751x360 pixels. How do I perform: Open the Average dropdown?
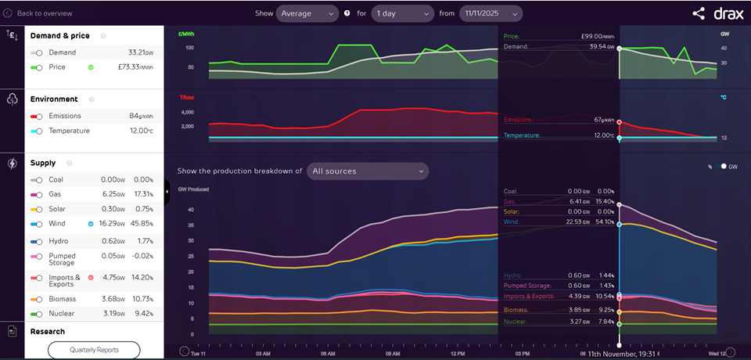click(x=307, y=13)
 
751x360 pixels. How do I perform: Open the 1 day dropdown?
click(x=402, y=13)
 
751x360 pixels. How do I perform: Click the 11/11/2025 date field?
click(x=490, y=13)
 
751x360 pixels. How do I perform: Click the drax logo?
click(x=727, y=13)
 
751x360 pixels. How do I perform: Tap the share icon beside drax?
click(x=699, y=13)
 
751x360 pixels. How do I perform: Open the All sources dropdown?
click(x=367, y=171)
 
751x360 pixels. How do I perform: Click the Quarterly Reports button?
click(x=94, y=349)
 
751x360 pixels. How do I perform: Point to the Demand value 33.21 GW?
click(x=139, y=52)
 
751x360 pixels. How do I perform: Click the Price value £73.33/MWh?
click(x=138, y=67)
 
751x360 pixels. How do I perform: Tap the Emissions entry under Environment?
click(x=65, y=116)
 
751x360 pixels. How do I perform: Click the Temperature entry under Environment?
click(x=69, y=131)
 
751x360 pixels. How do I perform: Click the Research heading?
click(x=48, y=331)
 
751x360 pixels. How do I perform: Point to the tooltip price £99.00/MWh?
click(x=595, y=36)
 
